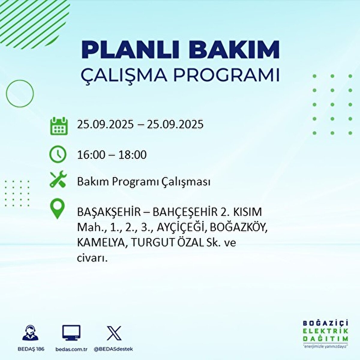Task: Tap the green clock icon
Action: [58, 154]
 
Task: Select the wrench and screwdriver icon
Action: [58, 180]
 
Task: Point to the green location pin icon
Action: [57, 209]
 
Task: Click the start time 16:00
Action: [91, 155]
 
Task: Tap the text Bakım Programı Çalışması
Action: [143, 182]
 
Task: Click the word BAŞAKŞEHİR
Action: [109, 212]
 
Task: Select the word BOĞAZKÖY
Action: [238, 228]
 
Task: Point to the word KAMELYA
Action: [100, 243]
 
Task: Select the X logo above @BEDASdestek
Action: [114, 333]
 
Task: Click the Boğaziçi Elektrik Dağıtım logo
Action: [325, 333]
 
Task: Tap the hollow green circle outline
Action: [20, 94]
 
